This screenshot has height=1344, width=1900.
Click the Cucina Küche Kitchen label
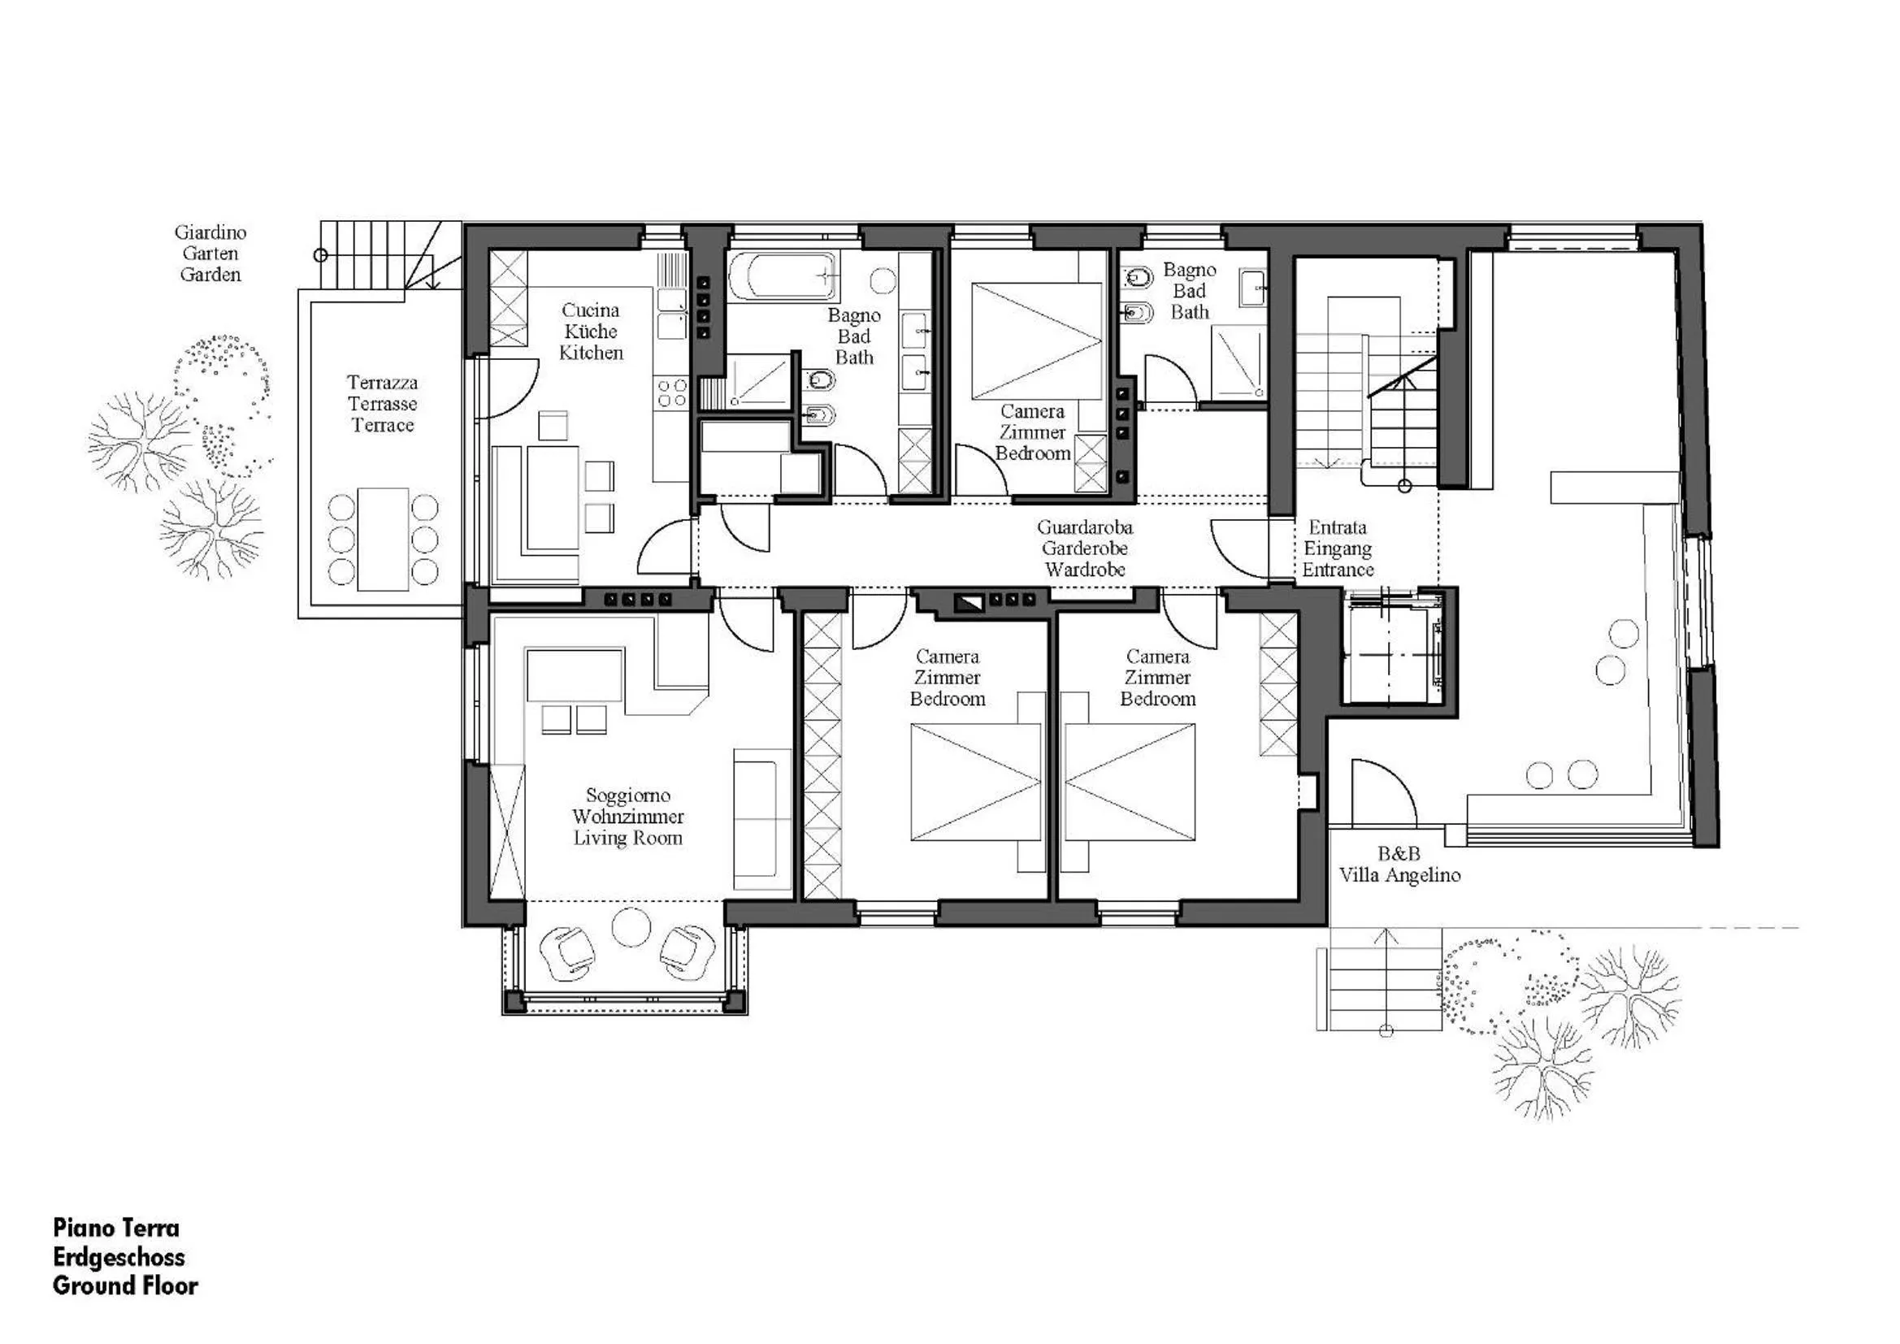point(590,332)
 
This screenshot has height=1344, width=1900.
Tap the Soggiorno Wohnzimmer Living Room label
point(628,817)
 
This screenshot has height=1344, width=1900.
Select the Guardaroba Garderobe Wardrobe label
point(1084,548)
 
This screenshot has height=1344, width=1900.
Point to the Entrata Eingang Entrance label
point(1338,548)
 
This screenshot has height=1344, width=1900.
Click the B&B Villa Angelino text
point(1399,864)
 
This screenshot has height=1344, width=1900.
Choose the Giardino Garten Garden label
point(210,254)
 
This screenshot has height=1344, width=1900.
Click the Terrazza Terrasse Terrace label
point(382,404)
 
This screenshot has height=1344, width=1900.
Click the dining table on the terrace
point(383,540)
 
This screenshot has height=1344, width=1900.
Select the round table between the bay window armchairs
point(631,927)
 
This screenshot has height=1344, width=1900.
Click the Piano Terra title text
point(116,1227)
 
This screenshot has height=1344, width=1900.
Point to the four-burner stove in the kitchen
point(671,394)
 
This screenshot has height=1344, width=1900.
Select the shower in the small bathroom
point(1237,362)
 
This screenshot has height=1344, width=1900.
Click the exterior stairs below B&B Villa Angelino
point(1379,979)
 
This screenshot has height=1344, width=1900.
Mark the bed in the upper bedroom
point(1037,341)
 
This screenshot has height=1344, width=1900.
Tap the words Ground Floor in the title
point(125,1285)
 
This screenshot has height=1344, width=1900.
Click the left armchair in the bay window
point(567,948)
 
